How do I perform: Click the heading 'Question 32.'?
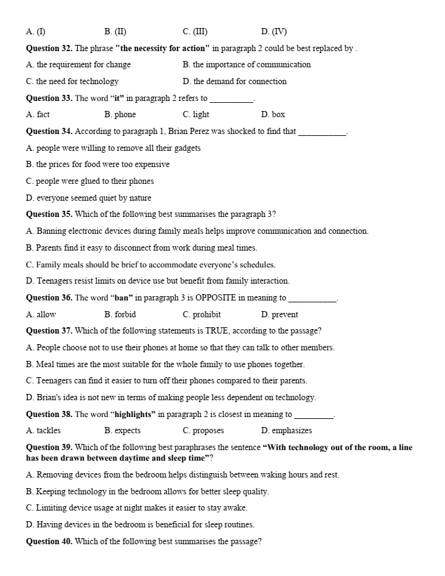point(49,48)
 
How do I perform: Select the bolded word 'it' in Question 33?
point(117,98)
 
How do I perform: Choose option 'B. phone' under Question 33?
point(120,115)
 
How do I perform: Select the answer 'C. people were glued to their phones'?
point(90,181)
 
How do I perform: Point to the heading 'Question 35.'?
point(49,214)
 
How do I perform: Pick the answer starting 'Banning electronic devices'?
point(197,231)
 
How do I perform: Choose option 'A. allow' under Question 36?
point(41,315)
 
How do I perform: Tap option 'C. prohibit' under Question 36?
point(202,315)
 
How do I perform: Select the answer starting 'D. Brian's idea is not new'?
point(171,398)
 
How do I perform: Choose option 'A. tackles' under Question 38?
point(44,431)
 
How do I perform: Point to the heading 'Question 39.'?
point(49,448)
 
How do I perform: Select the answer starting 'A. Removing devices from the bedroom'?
point(183,475)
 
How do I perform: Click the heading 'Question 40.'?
point(49,542)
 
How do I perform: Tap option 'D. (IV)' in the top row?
point(274,32)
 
